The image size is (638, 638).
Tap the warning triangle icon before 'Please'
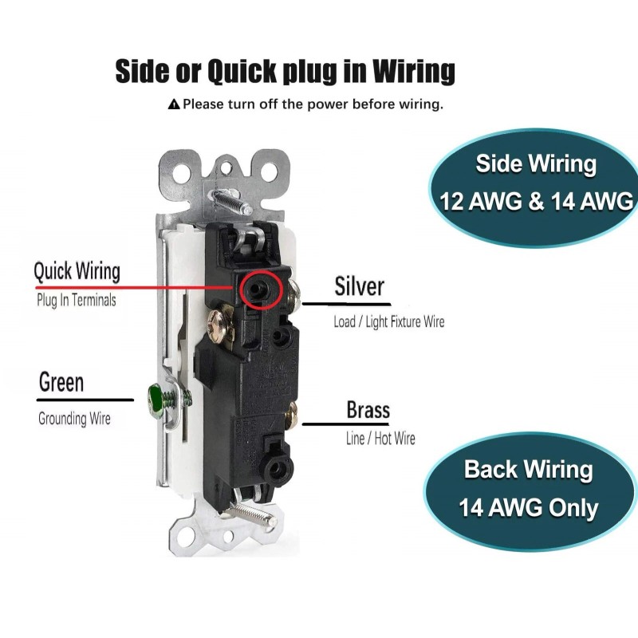pyautogui.click(x=174, y=104)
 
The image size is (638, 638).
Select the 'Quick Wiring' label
pyautogui.click(x=77, y=271)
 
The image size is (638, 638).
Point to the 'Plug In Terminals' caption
pyautogui.click(x=77, y=301)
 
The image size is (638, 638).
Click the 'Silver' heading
pyautogui.click(x=359, y=286)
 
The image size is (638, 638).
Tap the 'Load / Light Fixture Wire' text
pyautogui.click(x=388, y=322)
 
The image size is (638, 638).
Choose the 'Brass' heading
pyautogui.click(x=368, y=411)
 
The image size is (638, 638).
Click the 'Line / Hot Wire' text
pyautogui.click(x=380, y=439)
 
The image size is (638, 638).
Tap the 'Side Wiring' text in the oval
pyautogui.click(x=536, y=164)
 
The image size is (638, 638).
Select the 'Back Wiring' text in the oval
pyautogui.click(x=528, y=469)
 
